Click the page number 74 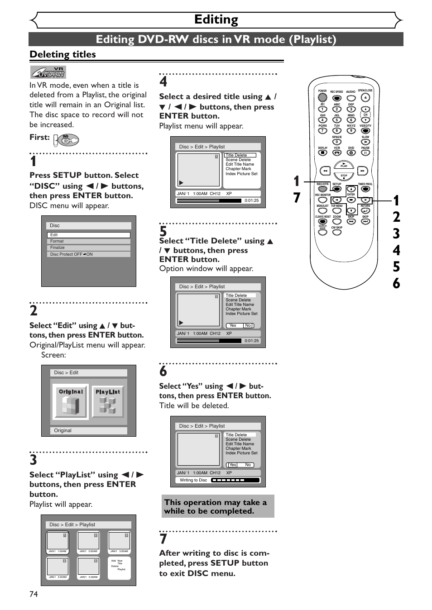[x=34, y=594]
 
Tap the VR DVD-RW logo [x=48, y=72]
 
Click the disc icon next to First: [x=67, y=140]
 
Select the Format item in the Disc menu [x=89, y=241]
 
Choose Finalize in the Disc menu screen [x=89, y=248]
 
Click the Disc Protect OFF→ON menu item [x=89, y=254]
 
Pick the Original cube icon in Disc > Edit [x=71, y=401]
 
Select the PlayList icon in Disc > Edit [x=108, y=401]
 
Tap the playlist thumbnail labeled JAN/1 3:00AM [x=120, y=542]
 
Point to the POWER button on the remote [x=322, y=97]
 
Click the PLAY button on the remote [x=344, y=165]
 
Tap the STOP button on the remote [x=344, y=176]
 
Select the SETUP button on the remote [x=336, y=189]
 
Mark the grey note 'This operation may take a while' [x=218, y=506]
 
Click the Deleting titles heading [x=63, y=54]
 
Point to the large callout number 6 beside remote [x=396, y=283]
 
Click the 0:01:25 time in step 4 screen [x=251, y=200]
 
